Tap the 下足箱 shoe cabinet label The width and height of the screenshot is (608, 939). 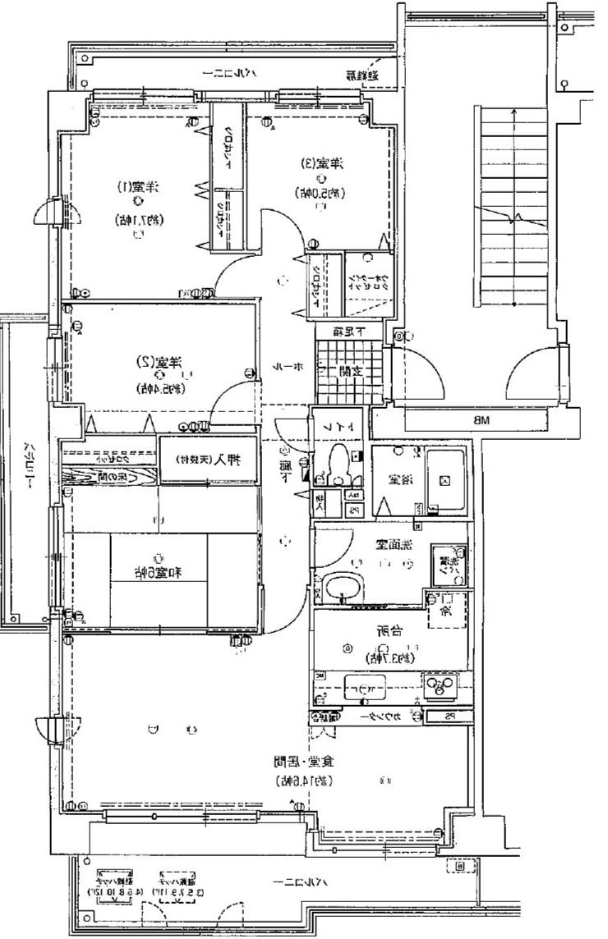pos(348,332)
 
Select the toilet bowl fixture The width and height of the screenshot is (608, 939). pos(339,468)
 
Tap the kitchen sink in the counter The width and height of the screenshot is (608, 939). pos(366,685)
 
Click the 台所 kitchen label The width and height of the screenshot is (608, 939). pos(394,633)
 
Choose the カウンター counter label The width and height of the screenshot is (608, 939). pos(385,717)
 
